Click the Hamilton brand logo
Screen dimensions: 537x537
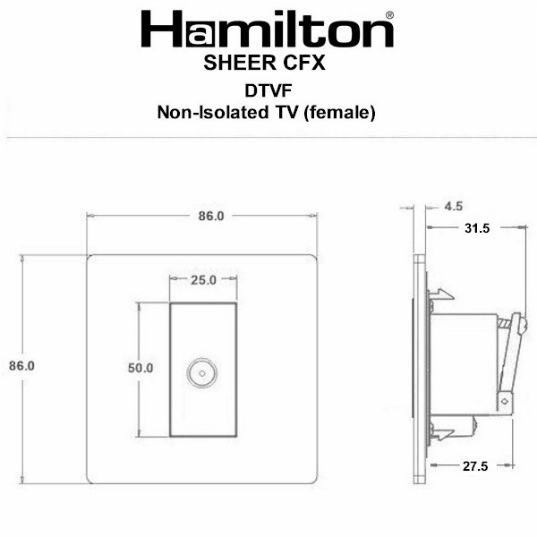coord(267,30)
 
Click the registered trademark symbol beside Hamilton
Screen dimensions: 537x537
coord(389,15)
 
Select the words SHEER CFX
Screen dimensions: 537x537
coord(264,63)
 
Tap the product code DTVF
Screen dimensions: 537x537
coord(268,90)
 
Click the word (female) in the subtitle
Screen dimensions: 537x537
coord(339,113)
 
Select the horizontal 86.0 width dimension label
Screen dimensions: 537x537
coord(211,216)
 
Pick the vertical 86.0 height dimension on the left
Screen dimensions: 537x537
coord(21,366)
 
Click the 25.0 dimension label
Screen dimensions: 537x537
coord(203,280)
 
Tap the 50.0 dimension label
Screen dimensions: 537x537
coord(141,368)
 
